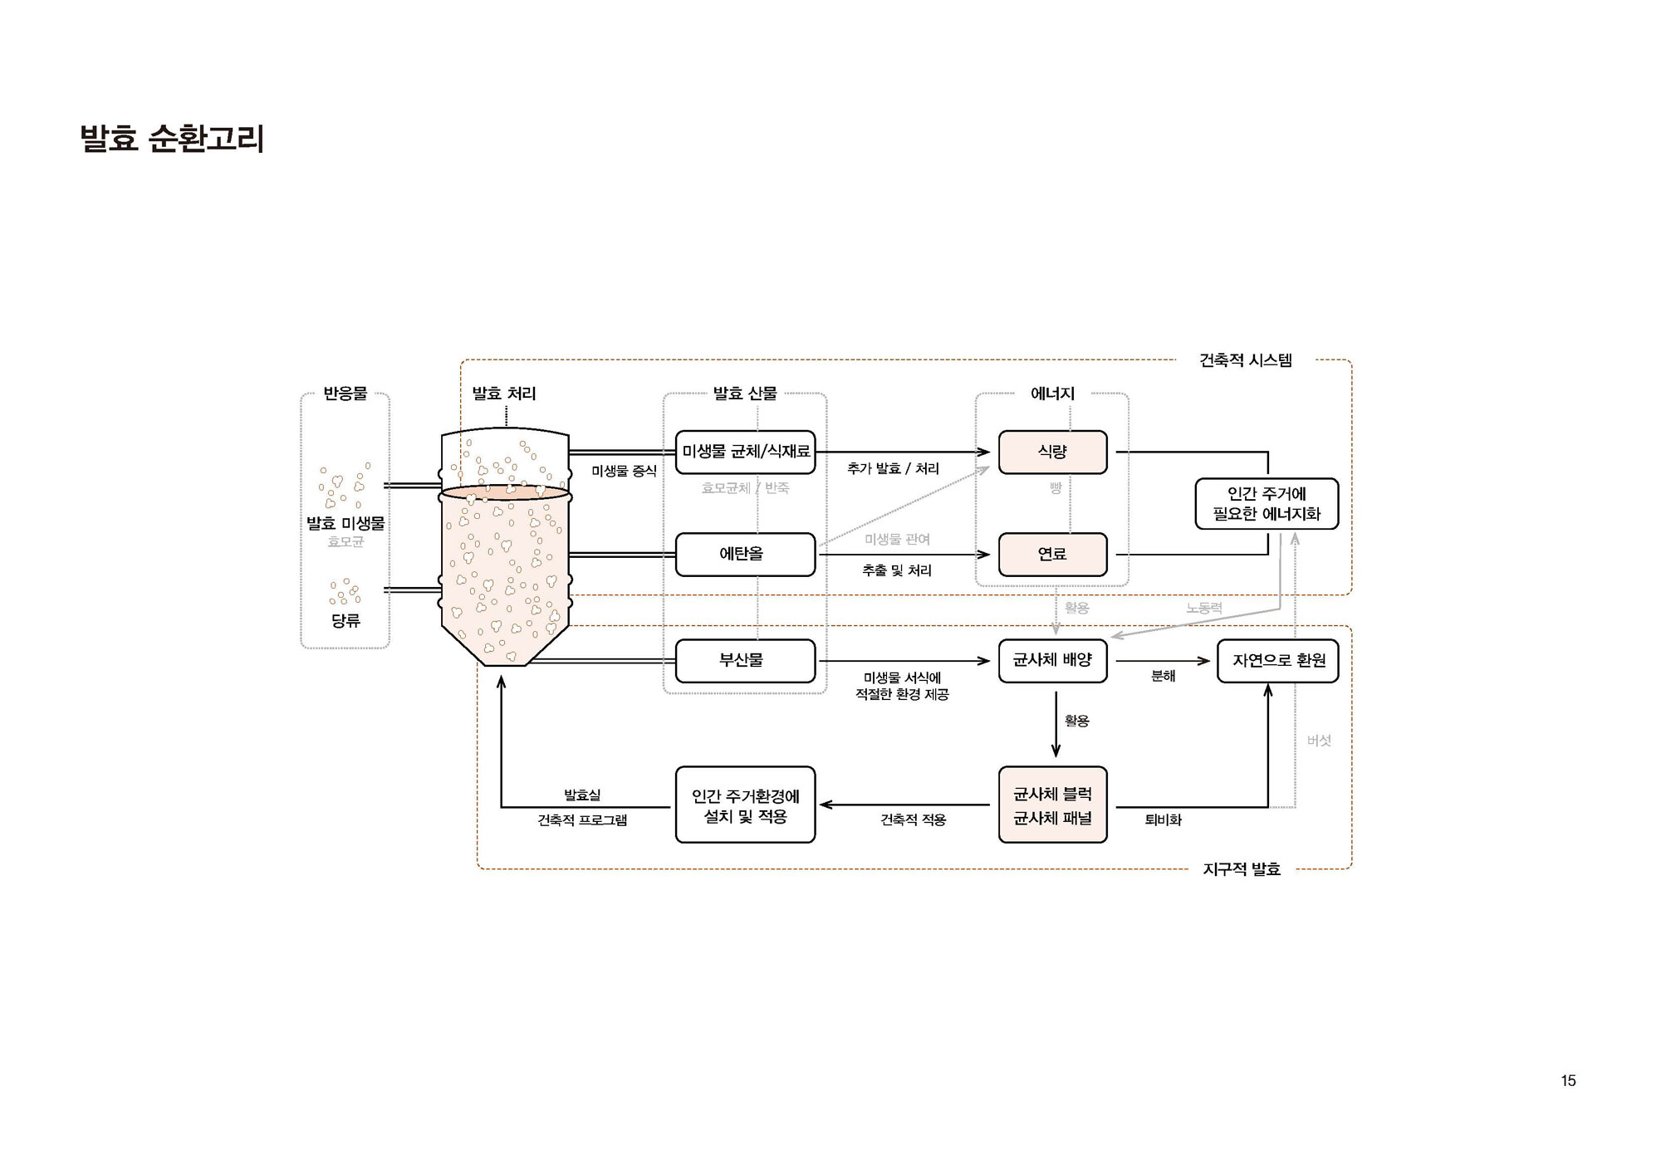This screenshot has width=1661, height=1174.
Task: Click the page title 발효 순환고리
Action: click(172, 139)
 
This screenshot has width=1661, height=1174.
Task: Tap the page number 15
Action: click(1568, 1080)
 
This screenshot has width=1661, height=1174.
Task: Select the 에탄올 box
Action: click(745, 554)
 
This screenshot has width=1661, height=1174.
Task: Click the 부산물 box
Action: click(745, 661)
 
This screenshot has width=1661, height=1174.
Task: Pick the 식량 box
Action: click(1052, 452)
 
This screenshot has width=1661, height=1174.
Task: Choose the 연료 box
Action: click(1052, 554)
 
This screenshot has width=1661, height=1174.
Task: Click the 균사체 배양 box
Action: click(1052, 661)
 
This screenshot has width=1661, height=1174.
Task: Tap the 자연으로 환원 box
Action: click(1277, 661)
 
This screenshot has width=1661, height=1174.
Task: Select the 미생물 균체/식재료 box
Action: click(745, 452)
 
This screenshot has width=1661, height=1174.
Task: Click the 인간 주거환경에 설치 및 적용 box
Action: click(745, 805)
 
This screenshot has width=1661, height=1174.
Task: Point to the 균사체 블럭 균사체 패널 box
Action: click(1052, 805)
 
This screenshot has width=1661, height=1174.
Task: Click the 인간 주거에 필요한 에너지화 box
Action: click(1267, 504)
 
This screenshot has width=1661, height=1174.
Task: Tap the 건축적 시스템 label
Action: click(1245, 360)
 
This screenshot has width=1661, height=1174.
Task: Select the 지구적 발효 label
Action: click(1242, 869)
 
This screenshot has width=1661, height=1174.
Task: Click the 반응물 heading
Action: click(345, 394)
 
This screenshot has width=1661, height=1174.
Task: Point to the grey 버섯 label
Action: click(1319, 741)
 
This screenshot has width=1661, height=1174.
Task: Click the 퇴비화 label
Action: click(1163, 819)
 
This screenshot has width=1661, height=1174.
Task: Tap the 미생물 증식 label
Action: click(624, 471)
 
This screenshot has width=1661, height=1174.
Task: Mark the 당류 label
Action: click(345, 620)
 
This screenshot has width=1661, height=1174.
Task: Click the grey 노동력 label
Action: click(1203, 608)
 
